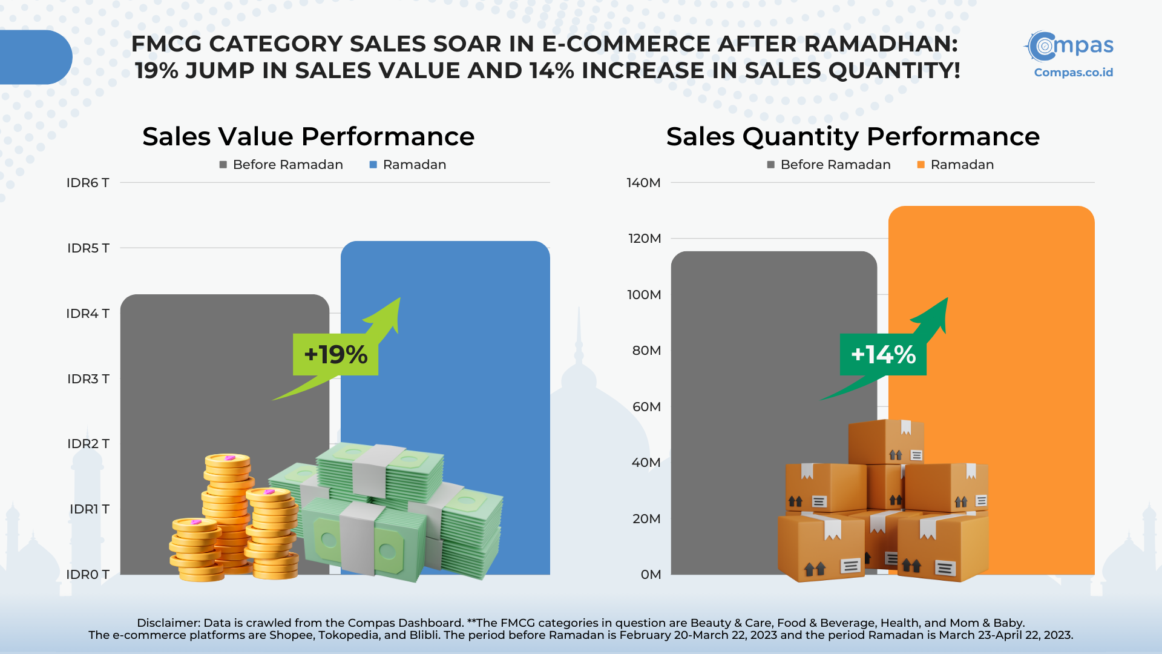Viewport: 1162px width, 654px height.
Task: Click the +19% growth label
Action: pyautogui.click(x=336, y=354)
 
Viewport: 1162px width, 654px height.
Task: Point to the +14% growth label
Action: pyautogui.click(x=883, y=354)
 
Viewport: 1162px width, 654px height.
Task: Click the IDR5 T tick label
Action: pyautogui.click(x=88, y=248)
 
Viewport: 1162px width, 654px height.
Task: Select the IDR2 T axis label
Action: pyautogui.click(x=88, y=444)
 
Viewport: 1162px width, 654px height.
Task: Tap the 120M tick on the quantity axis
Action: pyautogui.click(x=645, y=239)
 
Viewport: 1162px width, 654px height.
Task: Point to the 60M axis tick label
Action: pyautogui.click(x=646, y=407)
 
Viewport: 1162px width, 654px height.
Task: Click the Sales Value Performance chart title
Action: pyautogui.click(x=309, y=137)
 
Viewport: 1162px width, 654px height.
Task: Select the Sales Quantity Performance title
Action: pyautogui.click(x=853, y=137)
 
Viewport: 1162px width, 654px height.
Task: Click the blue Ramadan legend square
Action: pyautogui.click(x=373, y=165)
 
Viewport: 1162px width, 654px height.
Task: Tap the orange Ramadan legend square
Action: pyautogui.click(x=921, y=165)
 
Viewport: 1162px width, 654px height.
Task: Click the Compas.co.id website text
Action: pyautogui.click(x=1074, y=73)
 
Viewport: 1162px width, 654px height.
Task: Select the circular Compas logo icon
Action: pyautogui.click(x=1042, y=46)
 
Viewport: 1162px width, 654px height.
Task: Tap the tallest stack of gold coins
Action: pyautogui.click(x=227, y=512)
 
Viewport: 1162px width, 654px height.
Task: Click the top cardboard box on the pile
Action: pyautogui.click(x=886, y=442)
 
